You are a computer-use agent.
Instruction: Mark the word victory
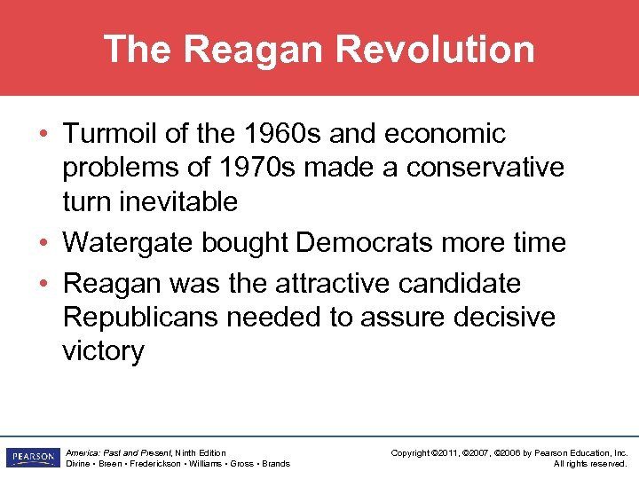(x=103, y=351)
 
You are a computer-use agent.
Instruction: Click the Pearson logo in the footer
(x=30, y=458)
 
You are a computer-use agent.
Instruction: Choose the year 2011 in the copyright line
(x=446, y=453)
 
